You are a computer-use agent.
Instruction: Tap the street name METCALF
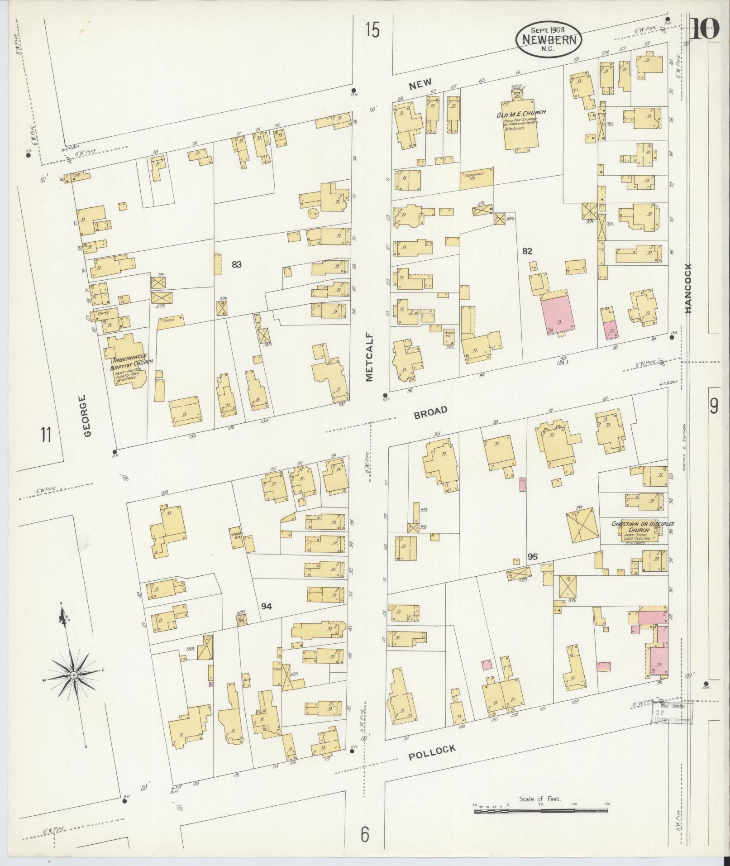point(369,362)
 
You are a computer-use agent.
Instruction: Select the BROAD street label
point(430,412)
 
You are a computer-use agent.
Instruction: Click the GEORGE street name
point(87,416)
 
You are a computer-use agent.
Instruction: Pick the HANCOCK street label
point(688,288)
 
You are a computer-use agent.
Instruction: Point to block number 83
point(236,264)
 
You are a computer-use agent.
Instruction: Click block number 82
point(527,251)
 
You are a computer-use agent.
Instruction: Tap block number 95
point(532,557)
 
